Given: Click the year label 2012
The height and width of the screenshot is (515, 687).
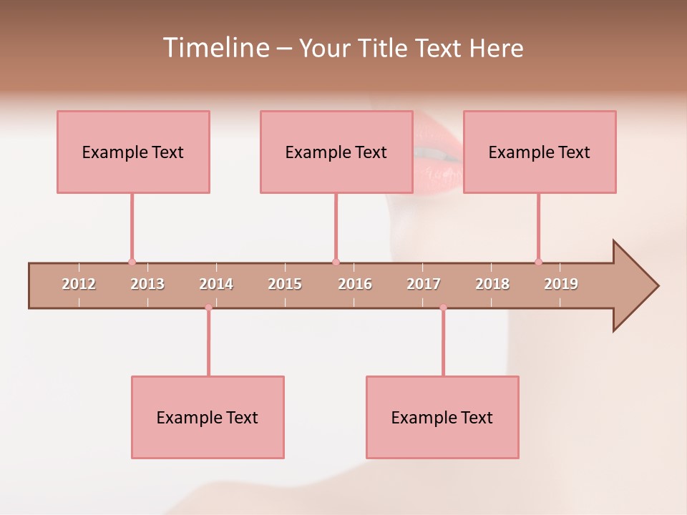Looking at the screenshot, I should pyautogui.click(x=79, y=284).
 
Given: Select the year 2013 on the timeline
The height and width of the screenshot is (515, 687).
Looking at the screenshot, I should pyautogui.click(x=147, y=284).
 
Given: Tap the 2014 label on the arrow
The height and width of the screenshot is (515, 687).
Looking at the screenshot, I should pyautogui.click(x=216, y=284).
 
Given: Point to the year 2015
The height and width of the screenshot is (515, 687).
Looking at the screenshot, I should pyautogui.click(x=285, y=284).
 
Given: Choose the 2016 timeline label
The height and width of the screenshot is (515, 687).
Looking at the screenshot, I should pyautogui.click(x=355, y=284).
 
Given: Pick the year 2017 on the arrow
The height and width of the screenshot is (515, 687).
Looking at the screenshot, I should pyautogui.click(x=424, y=284).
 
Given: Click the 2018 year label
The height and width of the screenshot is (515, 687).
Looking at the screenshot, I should pyautogui.click(x=492, y=284).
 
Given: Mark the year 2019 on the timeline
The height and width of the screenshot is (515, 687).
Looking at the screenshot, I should pyautogui.click(x=561, y=284).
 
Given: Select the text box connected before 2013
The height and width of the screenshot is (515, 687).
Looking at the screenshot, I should pyautogui.click(x=133, y=152).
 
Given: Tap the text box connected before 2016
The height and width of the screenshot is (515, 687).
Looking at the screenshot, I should pyautogui.click(x=336, y=152).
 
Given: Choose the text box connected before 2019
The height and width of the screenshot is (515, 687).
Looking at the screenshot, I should pyautogui.click(x=540, y=152).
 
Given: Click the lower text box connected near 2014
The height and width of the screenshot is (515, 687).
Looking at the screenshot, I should pyautogui.click(x=208, y=417).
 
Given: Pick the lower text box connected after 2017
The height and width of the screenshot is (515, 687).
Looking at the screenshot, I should pyautogui.click(x=442, y=417).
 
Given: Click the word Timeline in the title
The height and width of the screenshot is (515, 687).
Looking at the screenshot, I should pyautogui.click(x=215, y=48).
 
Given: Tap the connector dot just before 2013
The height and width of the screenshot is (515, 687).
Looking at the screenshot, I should pyautogui.click(x=132, y=262).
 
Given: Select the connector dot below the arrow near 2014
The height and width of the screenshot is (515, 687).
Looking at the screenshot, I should pyautogui.click(x=208, y=308).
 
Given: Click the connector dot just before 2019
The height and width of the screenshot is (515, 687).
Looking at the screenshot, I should pyautogui.click(x=538, y=262).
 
